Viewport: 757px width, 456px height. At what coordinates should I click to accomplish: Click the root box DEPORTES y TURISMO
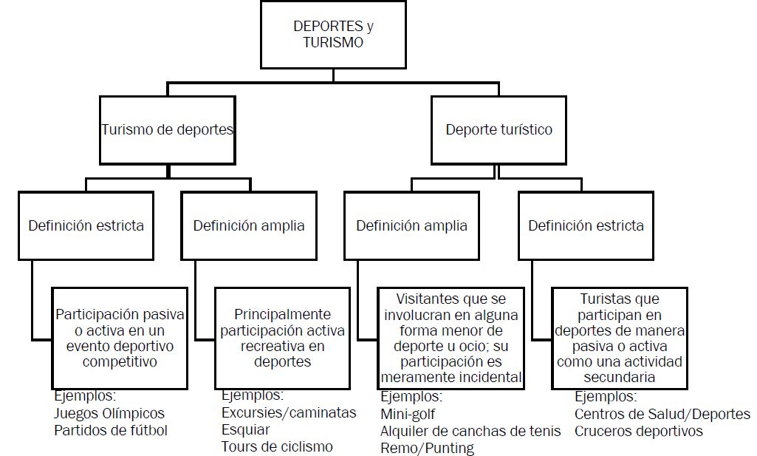(x=333, y=35)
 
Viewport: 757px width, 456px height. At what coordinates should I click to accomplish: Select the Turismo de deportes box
(x=168, y=130)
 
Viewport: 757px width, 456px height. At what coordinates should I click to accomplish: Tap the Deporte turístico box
(x=499, y=130)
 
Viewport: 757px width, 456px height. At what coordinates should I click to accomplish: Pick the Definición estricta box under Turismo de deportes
(x=86, y=225)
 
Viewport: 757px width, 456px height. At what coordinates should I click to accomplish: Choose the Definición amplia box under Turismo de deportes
(x=249, y=225)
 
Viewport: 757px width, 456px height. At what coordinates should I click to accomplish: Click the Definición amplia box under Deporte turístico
(x=411, y=225)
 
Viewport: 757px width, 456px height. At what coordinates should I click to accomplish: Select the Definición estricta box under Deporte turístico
(x=586, y=225)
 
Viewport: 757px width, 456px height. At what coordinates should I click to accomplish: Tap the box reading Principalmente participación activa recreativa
(x=281, y=338)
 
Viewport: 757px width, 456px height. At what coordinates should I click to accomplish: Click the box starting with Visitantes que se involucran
(x=451, y=338)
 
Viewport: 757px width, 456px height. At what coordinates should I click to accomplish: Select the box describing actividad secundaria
(x=620, y=338)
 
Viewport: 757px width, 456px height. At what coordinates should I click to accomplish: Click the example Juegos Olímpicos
(x=109, y=413)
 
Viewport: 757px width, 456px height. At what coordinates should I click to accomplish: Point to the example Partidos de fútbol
(x=111, y=430)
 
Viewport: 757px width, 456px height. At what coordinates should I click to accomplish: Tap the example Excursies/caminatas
(x=289, y=412)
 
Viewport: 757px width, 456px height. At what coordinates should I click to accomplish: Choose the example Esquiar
(x=246, y=429)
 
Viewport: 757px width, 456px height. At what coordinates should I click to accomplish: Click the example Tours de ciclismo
(x=277, y=446)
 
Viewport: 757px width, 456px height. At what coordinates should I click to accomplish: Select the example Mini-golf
(x=411, y=414)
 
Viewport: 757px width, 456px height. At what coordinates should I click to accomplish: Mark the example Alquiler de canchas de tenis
(x=470, y=431)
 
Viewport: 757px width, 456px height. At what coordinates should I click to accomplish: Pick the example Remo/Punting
(x=427, y=448)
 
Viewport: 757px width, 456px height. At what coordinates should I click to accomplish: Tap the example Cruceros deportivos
(x=639, y=431)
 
